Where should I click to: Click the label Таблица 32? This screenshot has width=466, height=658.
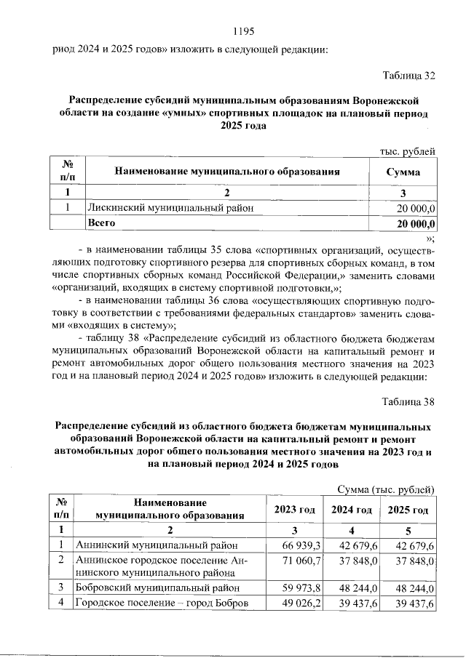point(408,76)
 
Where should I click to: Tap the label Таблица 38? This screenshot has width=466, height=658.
point(408,401)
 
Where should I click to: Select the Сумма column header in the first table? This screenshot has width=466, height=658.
point(403,173)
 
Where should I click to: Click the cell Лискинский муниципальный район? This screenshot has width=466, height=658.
point(170,209)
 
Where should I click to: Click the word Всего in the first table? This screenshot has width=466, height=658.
point(101,223)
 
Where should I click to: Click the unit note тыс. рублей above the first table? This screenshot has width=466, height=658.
point(408,151)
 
